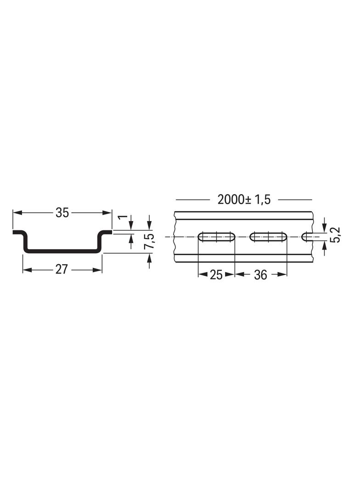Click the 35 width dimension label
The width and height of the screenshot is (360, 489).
pyautogui.click(x=62, y=213)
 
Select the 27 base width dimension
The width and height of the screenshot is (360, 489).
pyautogui.click(x=61, y=269)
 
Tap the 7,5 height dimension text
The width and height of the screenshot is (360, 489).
pyautogui.click(x=149, y=241)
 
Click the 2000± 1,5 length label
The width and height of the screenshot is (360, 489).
pyautogui.click(x=244, y=199)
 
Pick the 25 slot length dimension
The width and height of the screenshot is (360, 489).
pyautogui.click(x=216, y=275)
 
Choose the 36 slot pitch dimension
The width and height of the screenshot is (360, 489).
pyautogui.click(x=260, y=275)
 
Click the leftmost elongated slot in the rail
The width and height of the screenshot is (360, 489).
pyautogui.click(x=216, y=237)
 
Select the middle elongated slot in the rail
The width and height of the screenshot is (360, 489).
pyautogui.click(x=268, y=237)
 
